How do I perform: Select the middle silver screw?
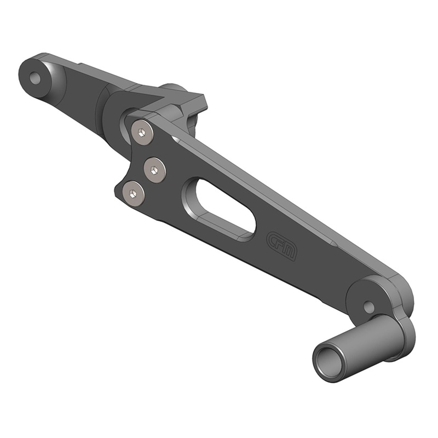[154, 169]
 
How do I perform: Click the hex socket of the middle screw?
[154, 169]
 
